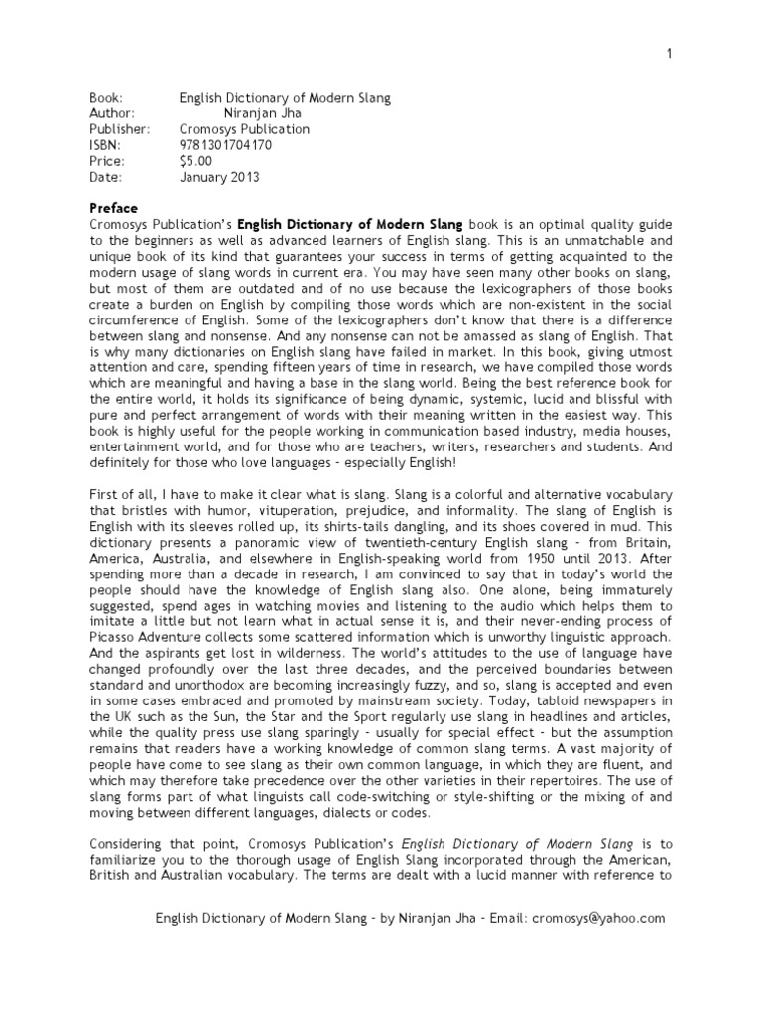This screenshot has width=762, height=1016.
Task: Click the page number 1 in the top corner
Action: tap(669, 53)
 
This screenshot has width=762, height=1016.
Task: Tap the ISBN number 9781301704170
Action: tap(225, 144)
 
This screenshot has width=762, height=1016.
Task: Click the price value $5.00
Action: tap(195, 160)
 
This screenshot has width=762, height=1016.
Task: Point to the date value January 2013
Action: tap(218, 176)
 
